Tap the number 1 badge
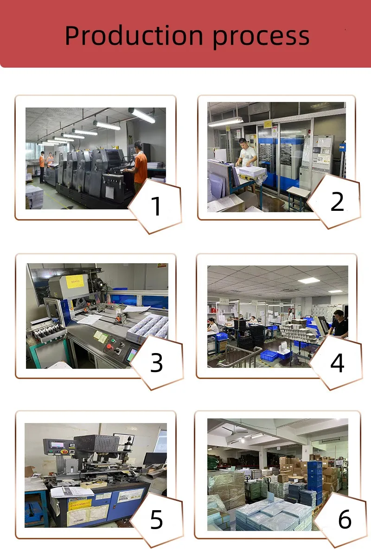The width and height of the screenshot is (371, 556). point(156,206)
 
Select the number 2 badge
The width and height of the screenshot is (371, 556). point(337,202)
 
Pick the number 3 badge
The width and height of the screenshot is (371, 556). point(156,363)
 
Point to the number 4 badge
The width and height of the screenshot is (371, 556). point(337,363)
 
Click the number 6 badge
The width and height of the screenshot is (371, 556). point(345,519)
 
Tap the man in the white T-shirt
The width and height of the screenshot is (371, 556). point(247,153)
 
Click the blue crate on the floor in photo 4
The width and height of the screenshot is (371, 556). point(269,355)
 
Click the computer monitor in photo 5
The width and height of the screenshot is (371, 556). point(154,459)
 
